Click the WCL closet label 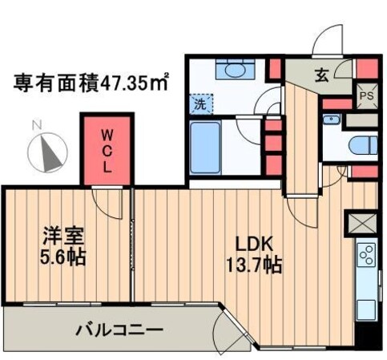[x=106, y=150]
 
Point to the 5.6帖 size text [x=64, y=258]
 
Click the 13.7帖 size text [x=256, y=265]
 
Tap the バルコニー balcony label [x=120, y=329]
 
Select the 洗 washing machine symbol [x=197, y=103]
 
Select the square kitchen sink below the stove [x=366, y=309]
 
